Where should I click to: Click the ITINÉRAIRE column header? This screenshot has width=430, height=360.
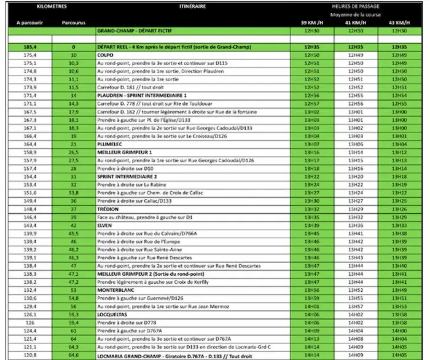[193, 7]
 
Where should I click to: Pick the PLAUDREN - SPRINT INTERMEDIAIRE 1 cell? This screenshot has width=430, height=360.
[141, 96]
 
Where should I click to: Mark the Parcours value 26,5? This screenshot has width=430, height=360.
[74, 152]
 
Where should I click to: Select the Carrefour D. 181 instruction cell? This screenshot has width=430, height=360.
[129, 87]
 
